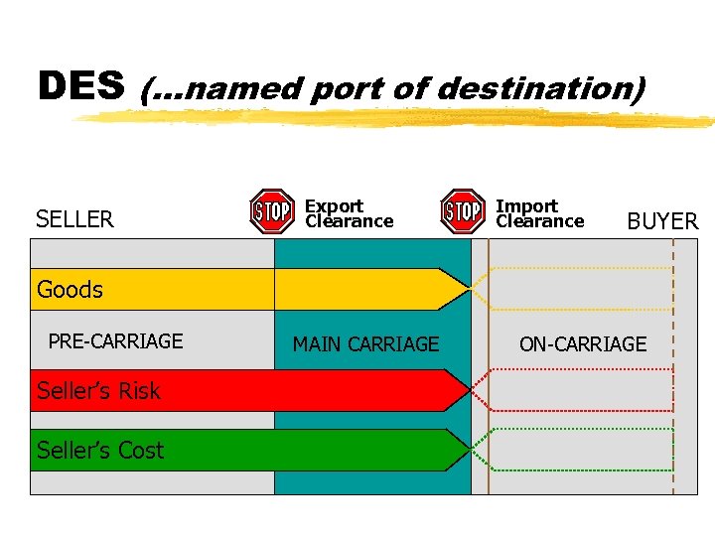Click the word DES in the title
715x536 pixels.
(81, 87)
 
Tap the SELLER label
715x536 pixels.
(74, 219)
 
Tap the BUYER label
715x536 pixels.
(662, 221)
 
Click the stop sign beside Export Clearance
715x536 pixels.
(271, 211)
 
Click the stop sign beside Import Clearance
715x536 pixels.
(462, 211)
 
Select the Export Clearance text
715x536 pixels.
(349, 213)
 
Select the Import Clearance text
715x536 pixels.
(539, 213)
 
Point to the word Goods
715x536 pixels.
(70, 290)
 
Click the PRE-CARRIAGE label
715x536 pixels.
(115, 341)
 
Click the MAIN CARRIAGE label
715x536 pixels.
(365, 344)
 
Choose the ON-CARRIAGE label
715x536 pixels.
(583, 344)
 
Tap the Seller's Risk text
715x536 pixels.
(98, 391)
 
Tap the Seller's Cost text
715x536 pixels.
(100, 451)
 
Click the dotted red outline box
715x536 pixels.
(581, 390)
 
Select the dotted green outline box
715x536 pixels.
(581, 450)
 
